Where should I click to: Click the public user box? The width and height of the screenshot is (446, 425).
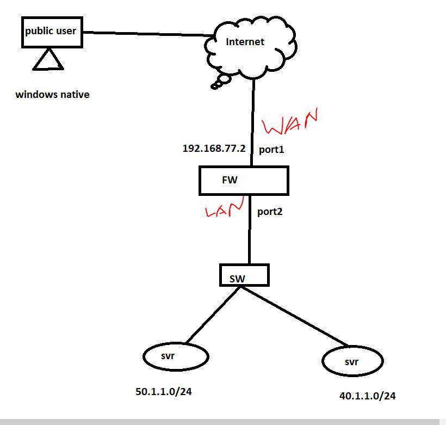point(51,32)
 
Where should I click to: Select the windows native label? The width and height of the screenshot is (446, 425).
point(52,95)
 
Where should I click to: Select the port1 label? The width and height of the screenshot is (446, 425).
point(271,149)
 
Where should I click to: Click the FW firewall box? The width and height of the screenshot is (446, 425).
point(243,181)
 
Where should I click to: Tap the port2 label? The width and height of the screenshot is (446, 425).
point(270,211)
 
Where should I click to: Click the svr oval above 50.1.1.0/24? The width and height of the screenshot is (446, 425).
point(176,357)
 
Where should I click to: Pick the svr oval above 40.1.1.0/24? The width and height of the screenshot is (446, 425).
point(352,361)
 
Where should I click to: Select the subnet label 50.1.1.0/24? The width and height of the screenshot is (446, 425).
point(163,391)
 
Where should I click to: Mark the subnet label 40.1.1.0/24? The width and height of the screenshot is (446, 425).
point(368,396)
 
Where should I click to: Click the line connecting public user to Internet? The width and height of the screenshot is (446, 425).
point(144,34)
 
